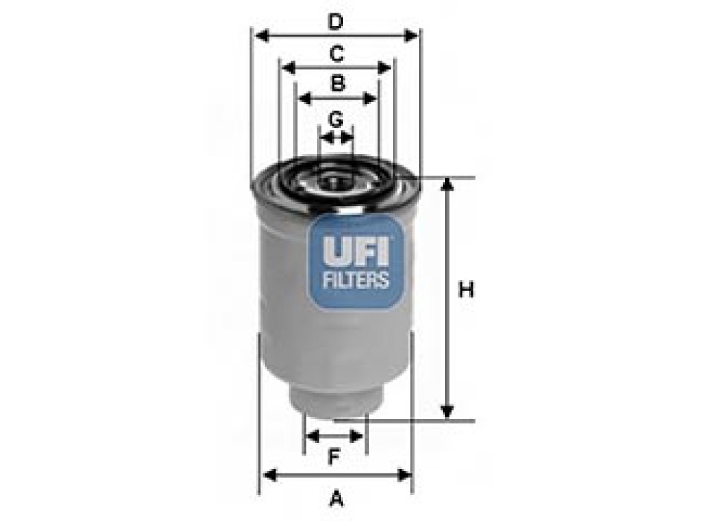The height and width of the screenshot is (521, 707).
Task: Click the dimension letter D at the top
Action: (336, 22)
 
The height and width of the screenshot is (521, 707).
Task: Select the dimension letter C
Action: (336, 54)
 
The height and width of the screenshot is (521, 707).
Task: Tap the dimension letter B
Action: (337, 83)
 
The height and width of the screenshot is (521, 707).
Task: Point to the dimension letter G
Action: (336, 118)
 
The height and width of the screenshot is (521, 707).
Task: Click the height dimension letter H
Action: (466, 290)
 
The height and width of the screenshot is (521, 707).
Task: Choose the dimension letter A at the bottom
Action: (336, 496)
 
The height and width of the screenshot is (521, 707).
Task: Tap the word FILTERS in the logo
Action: (355, 280)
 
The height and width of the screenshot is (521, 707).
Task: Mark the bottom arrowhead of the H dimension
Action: (447, 412)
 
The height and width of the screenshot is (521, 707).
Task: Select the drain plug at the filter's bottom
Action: (336, 406)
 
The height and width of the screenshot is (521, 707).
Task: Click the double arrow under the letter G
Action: (336, 137)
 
